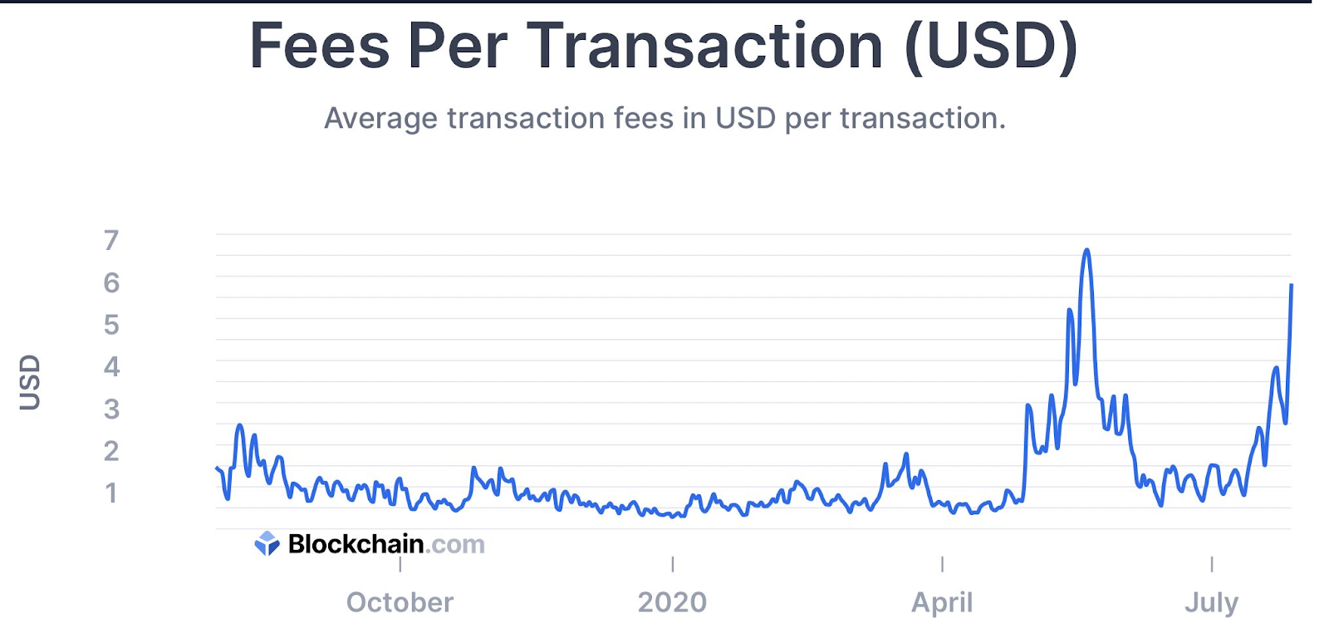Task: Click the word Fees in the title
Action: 319,46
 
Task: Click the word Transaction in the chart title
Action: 704,46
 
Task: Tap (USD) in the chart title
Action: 991,46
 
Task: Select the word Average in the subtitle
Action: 380,118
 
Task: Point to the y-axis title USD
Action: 30,382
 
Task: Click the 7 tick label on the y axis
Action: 111,240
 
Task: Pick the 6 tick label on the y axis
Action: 111,282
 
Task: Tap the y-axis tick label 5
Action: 111,324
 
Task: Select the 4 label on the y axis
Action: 111,366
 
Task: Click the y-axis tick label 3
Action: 111,409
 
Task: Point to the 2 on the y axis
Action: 111,451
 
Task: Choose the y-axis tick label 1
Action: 111,493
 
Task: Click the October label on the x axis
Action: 400,602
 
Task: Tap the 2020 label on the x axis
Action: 672,602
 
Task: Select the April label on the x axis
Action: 942,602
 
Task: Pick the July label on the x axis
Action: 1211,602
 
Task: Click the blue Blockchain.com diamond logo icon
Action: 267,543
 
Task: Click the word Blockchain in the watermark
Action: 356,544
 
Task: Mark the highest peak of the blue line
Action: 1086,250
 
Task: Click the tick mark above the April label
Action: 942,564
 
